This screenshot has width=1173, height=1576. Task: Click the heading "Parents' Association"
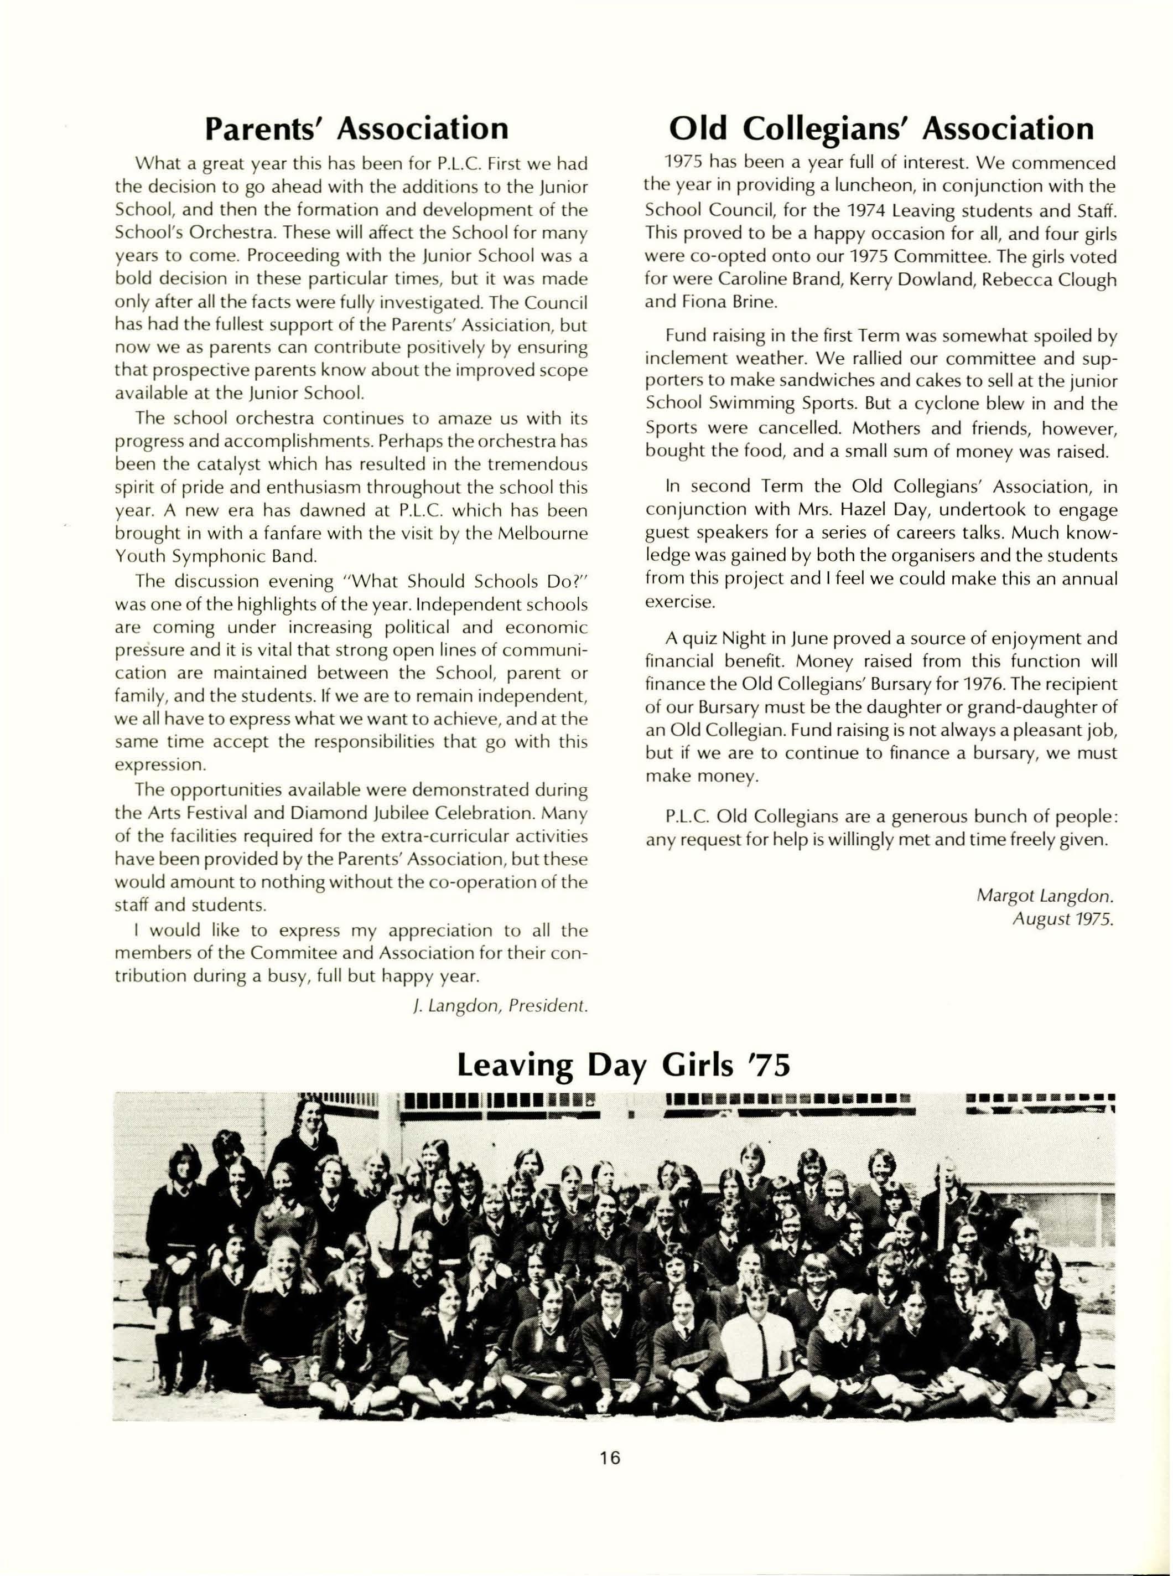356,128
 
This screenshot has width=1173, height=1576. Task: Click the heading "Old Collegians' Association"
881,128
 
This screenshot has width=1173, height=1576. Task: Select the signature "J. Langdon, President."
500,1006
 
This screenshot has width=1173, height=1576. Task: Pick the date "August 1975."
1062,918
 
